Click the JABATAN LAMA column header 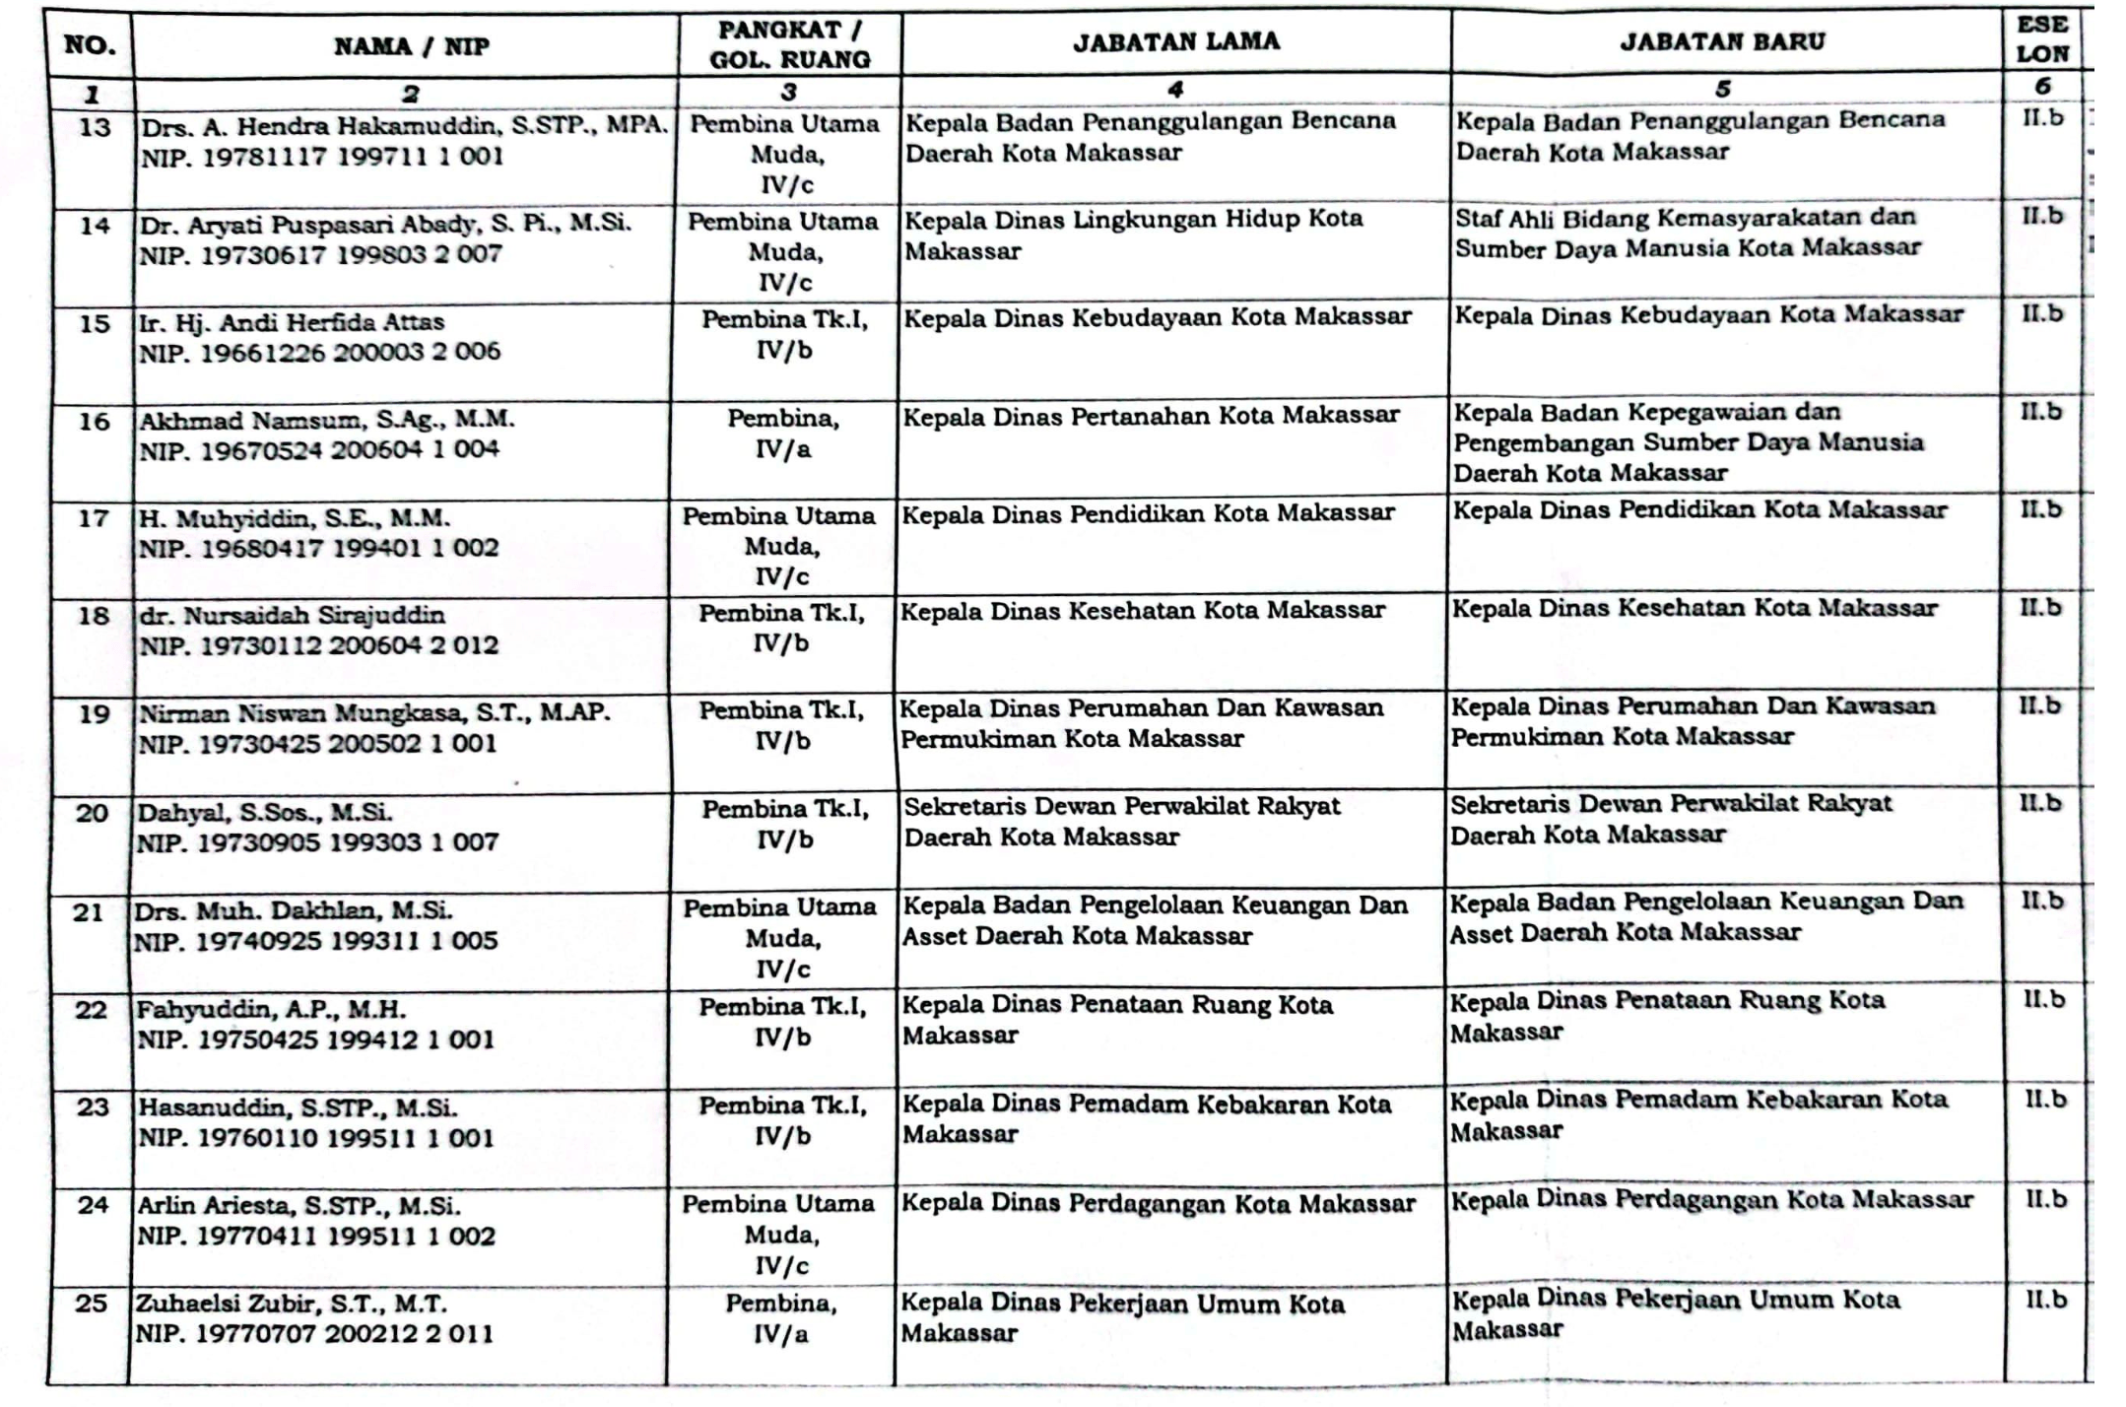(1176, 41)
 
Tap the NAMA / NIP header (411, 46)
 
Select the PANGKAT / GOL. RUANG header (789, 44)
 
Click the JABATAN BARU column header (1722, 41)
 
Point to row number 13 (95, 127)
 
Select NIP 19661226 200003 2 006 (319, 353)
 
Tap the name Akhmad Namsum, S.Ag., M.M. (326, 420)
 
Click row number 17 (93, 518)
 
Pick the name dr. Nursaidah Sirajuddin (292, 616)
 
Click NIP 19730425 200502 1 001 (316, 744)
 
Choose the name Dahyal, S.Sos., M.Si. (264, 813)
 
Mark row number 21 (89, 912)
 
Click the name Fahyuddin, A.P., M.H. (271, 1010)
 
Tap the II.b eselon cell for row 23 (2044, 1099)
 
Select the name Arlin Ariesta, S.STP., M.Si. (299, 1206)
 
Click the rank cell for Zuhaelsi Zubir (781, 1318)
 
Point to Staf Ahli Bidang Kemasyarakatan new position (1688, 233)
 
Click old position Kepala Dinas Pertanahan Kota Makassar (1151, 417)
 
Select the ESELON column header (2042, 39)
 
